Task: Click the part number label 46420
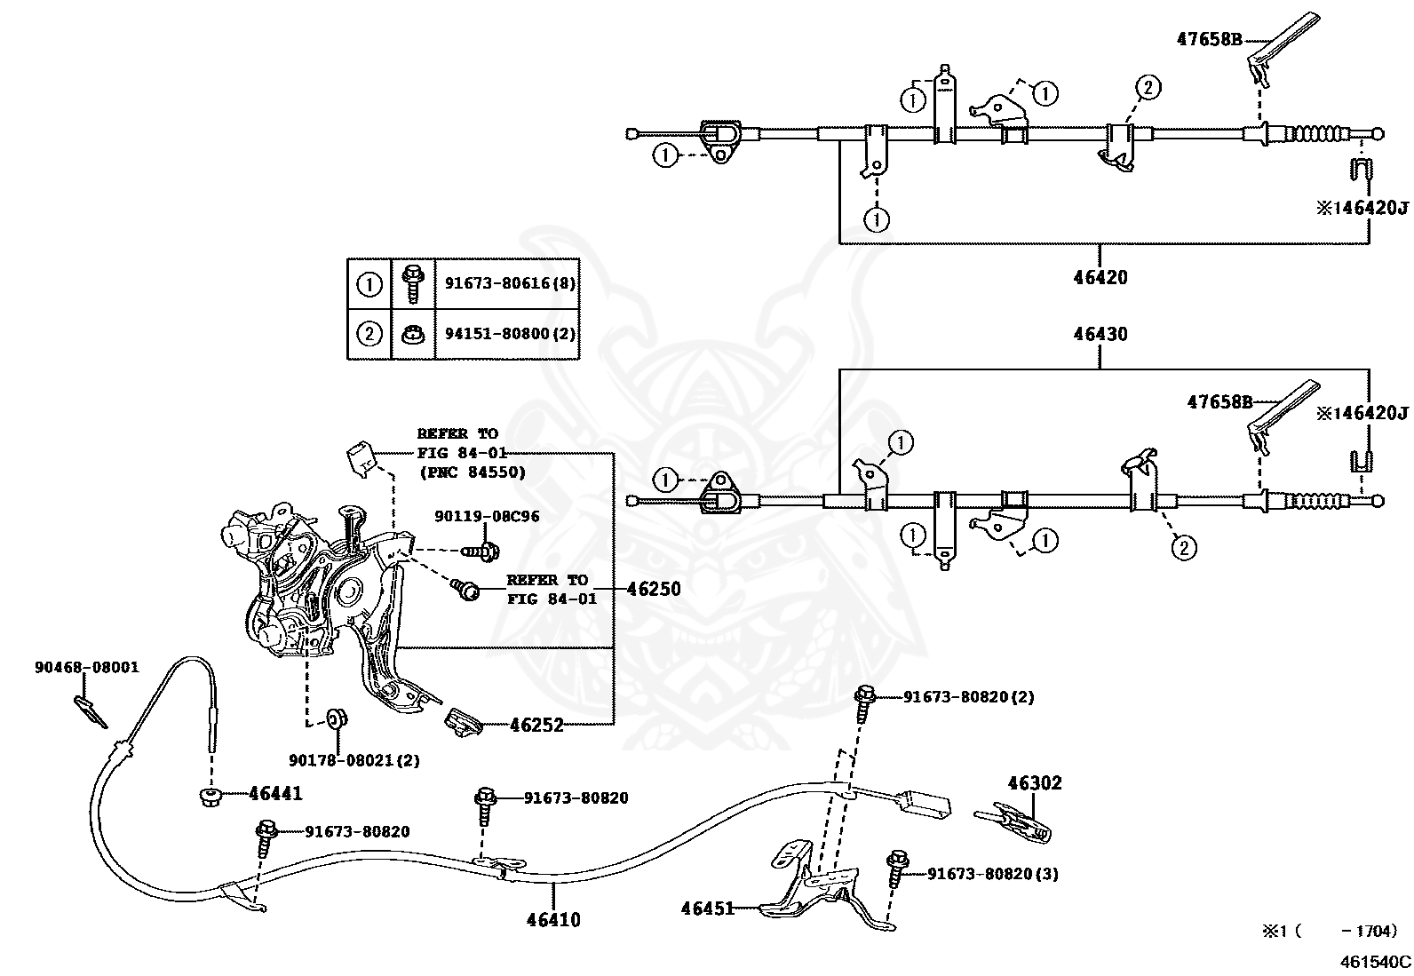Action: click(1100, 278)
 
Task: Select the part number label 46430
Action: click(1100, 334)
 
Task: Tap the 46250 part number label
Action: click(654, 589)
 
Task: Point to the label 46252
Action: click(536, 725)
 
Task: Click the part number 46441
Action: click(276, 794)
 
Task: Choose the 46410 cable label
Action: click(553, 920)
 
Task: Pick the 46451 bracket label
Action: click(708, 909)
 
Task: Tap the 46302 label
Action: click(1035, 783)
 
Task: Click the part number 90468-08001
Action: click(87, 667)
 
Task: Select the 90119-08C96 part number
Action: click(487, 516)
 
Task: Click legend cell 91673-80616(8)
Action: click(510, 282)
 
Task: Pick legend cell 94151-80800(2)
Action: click(510, 333)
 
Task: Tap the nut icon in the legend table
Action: click(413, 334)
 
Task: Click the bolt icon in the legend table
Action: click(413, 283)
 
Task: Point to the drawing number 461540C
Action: click(1376, 962)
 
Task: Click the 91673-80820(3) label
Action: click(993, 874)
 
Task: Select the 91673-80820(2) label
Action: click(969, 697)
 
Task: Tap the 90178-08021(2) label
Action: click(354, 760)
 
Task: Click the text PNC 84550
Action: click(473, 472)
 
